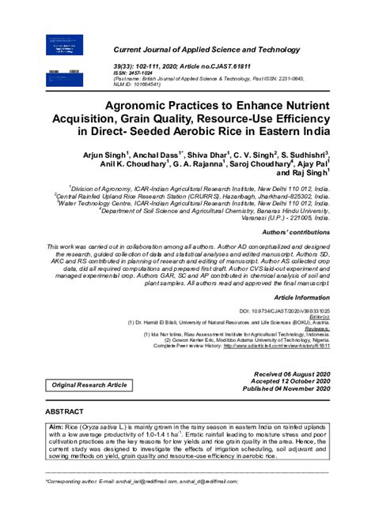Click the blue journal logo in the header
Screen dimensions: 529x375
pos(71,50)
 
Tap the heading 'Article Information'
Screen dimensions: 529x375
pos(301,297)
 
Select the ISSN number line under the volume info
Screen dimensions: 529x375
pos(132,75)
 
